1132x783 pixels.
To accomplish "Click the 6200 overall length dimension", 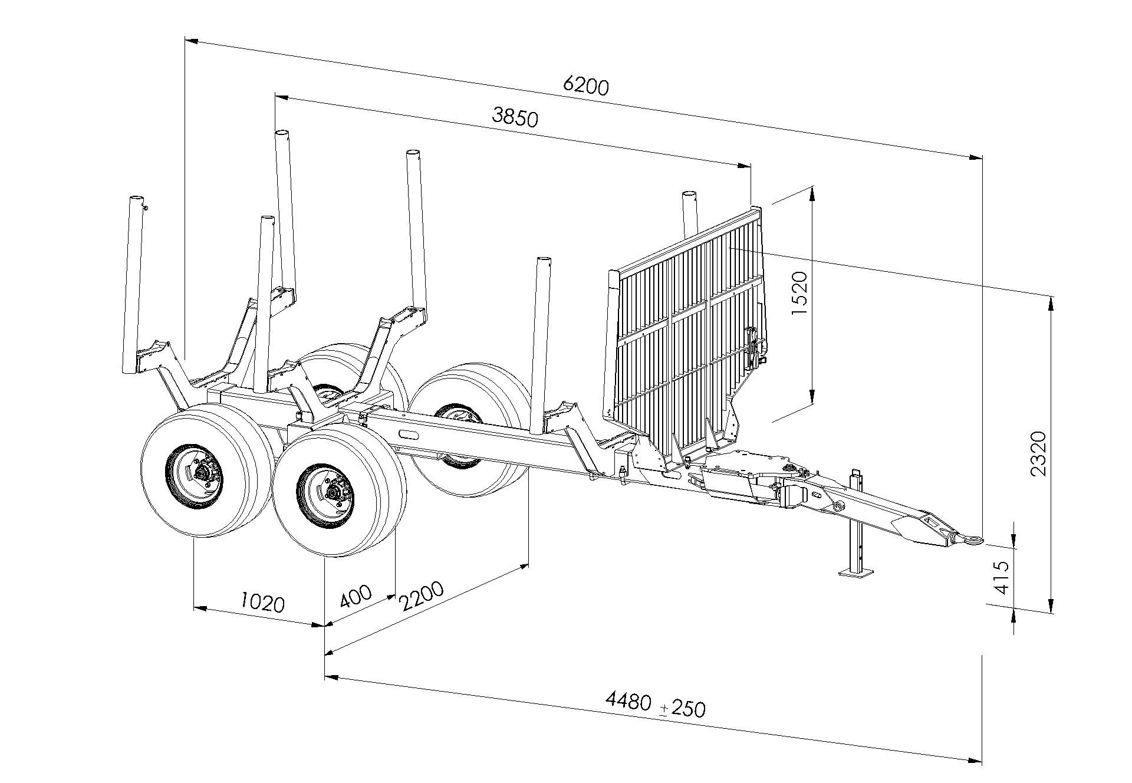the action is [x=585, y=86].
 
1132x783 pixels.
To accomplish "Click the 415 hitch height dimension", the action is [x=1002, y=577].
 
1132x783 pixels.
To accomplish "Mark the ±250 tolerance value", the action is [x=682, y=708].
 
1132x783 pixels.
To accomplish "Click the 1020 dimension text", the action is [x=263, y=602].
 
